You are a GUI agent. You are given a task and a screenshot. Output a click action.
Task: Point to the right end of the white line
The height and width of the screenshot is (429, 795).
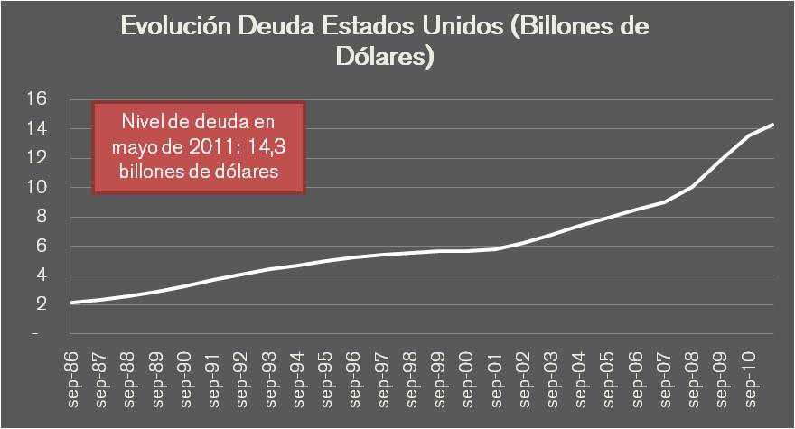coord(773,125)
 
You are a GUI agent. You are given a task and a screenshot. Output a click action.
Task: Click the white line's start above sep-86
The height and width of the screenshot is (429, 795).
coord(71,303)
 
